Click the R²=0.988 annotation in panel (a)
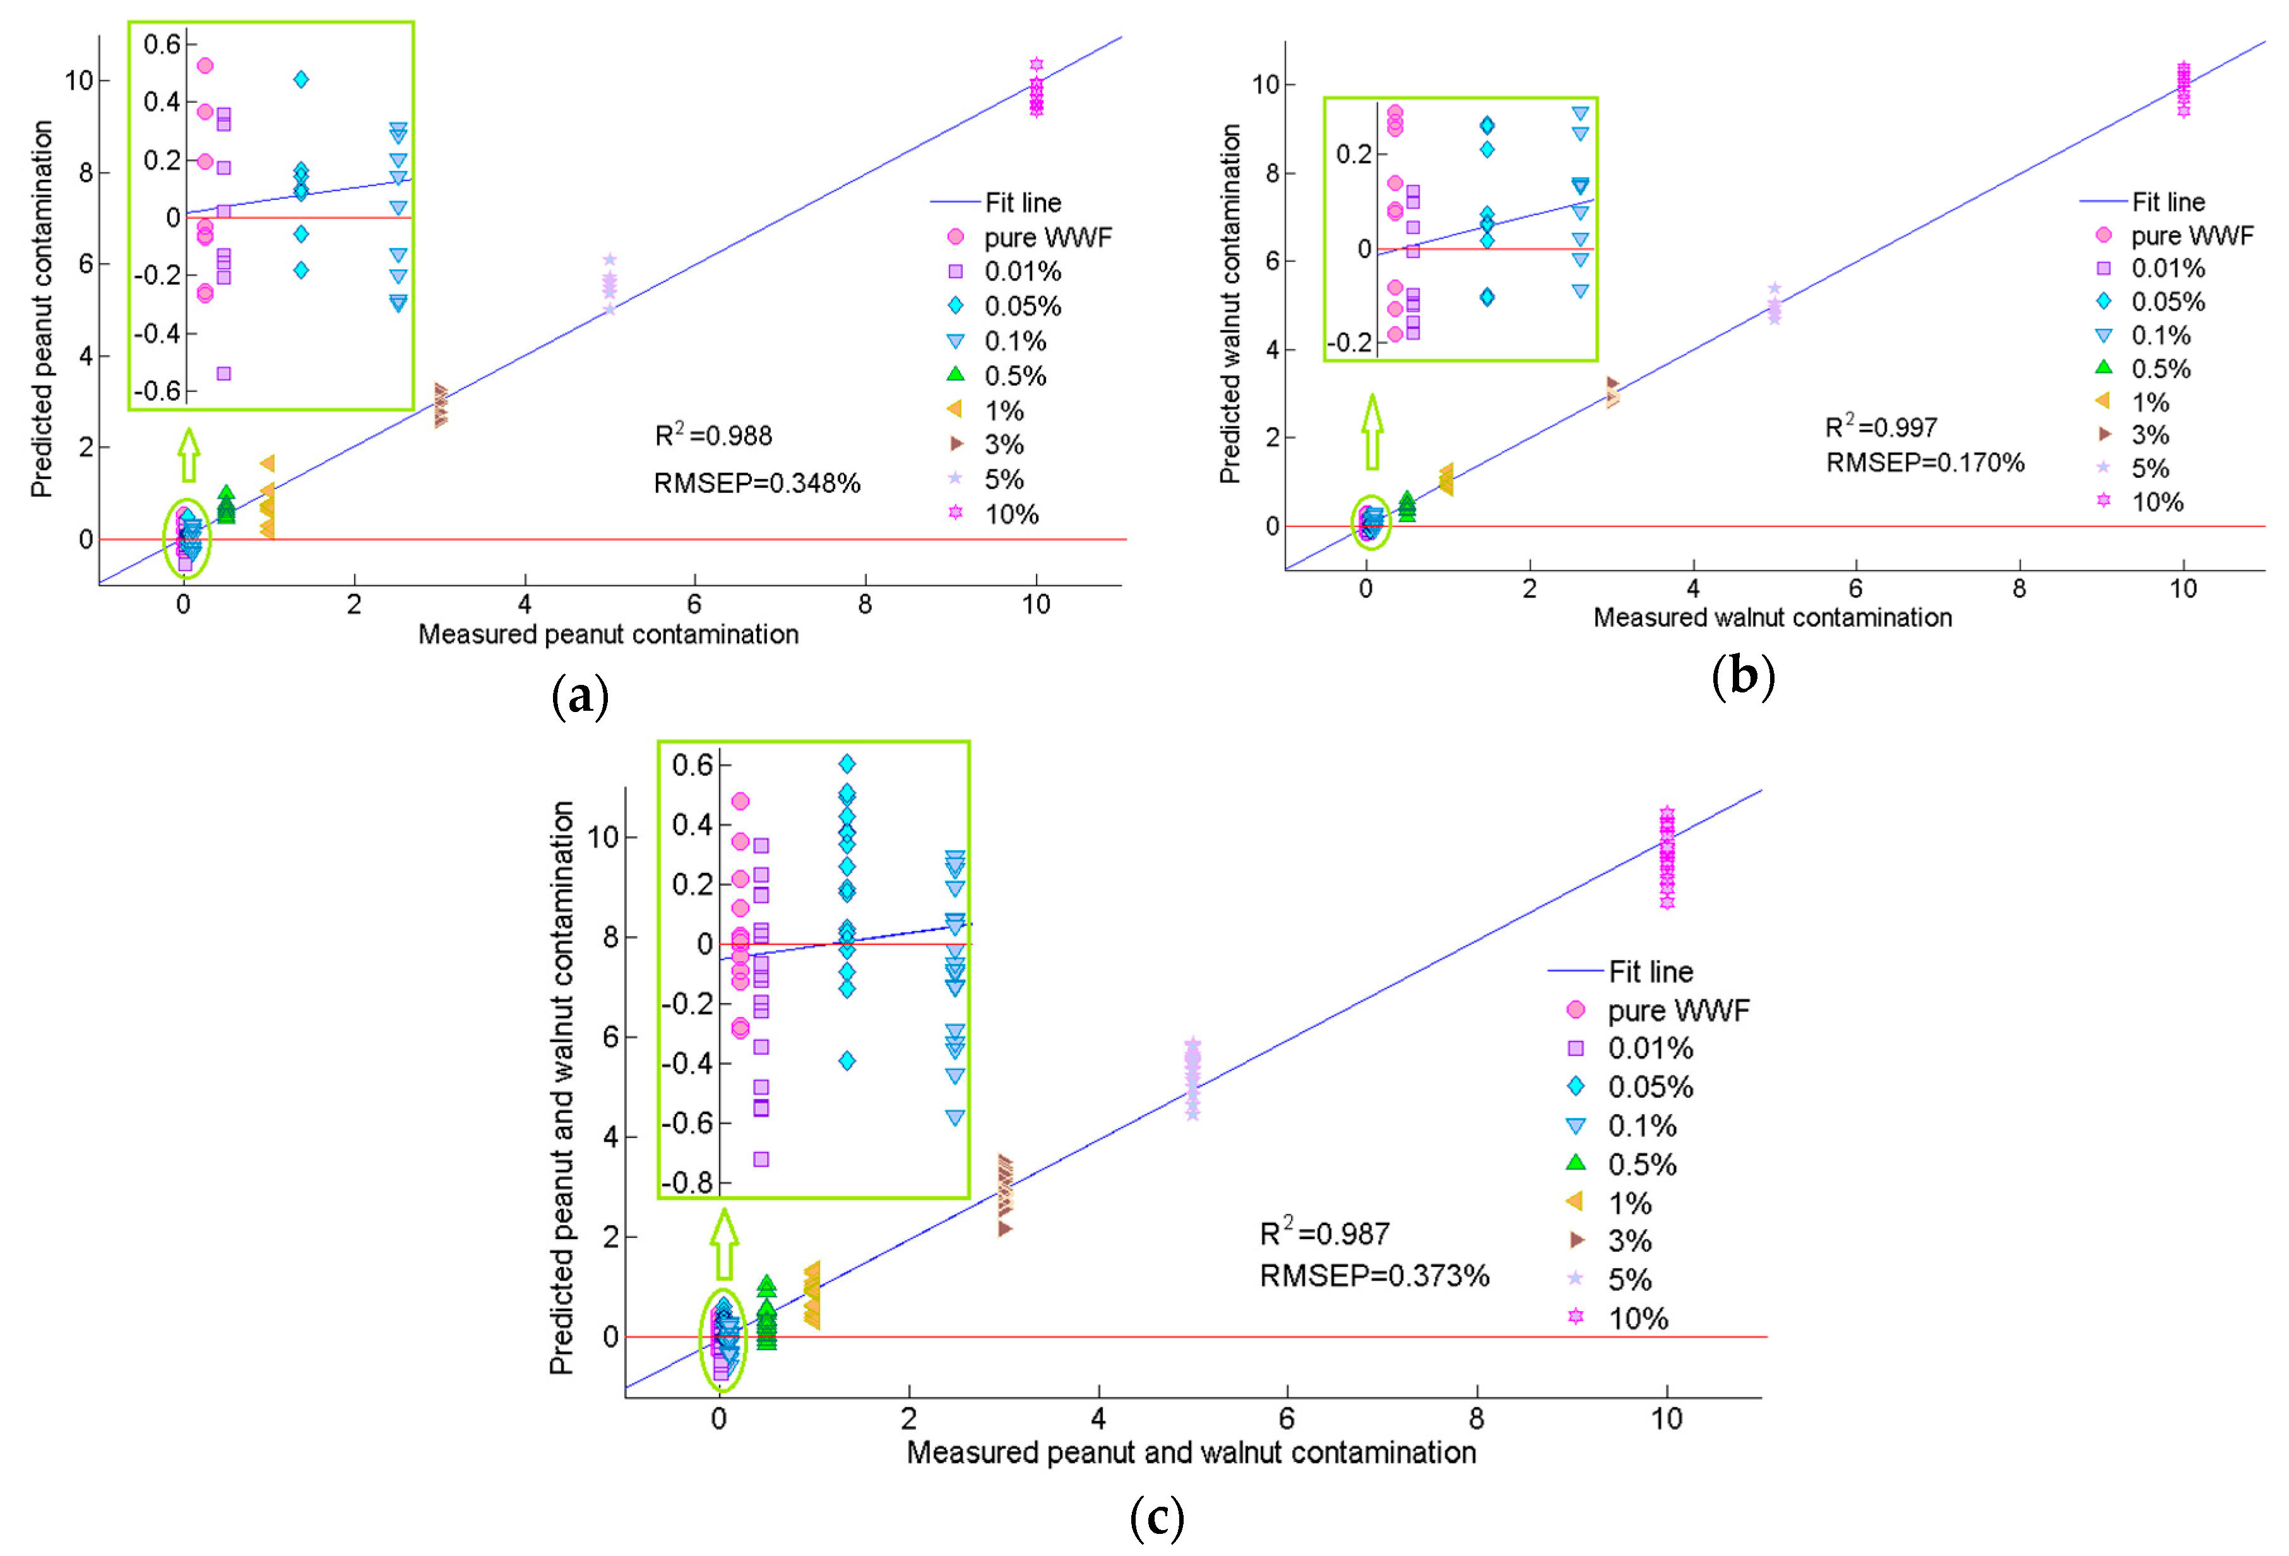[713, 436]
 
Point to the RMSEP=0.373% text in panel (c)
[1374, 1276]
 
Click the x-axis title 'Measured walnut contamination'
[1772, 617]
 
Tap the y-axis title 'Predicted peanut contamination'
[42, 308]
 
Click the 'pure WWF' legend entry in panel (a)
[1047, 237]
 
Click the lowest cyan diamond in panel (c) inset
[847, 1060]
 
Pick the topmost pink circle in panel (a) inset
[205, 66]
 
